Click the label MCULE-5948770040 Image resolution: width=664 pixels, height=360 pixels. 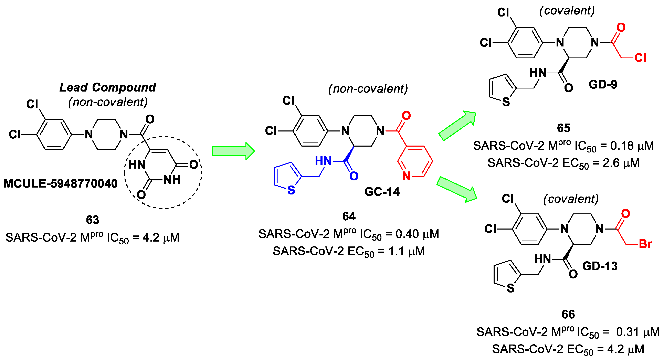click(x=61, y=184)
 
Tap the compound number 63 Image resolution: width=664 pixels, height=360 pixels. click(x=92, y=220)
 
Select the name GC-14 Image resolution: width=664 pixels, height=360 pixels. click(x=382, y=192)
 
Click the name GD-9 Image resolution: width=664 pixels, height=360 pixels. click(x=603, y=85)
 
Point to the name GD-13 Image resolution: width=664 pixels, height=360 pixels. click(x=600, y=266)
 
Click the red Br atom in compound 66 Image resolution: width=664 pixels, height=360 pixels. click(x=645, y=244)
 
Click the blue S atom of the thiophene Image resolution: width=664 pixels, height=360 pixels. click(x=291, y=190)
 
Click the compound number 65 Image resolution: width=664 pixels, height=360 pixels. click(x=563, y=128)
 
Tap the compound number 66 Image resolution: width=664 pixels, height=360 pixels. click(x=568, y=314)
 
